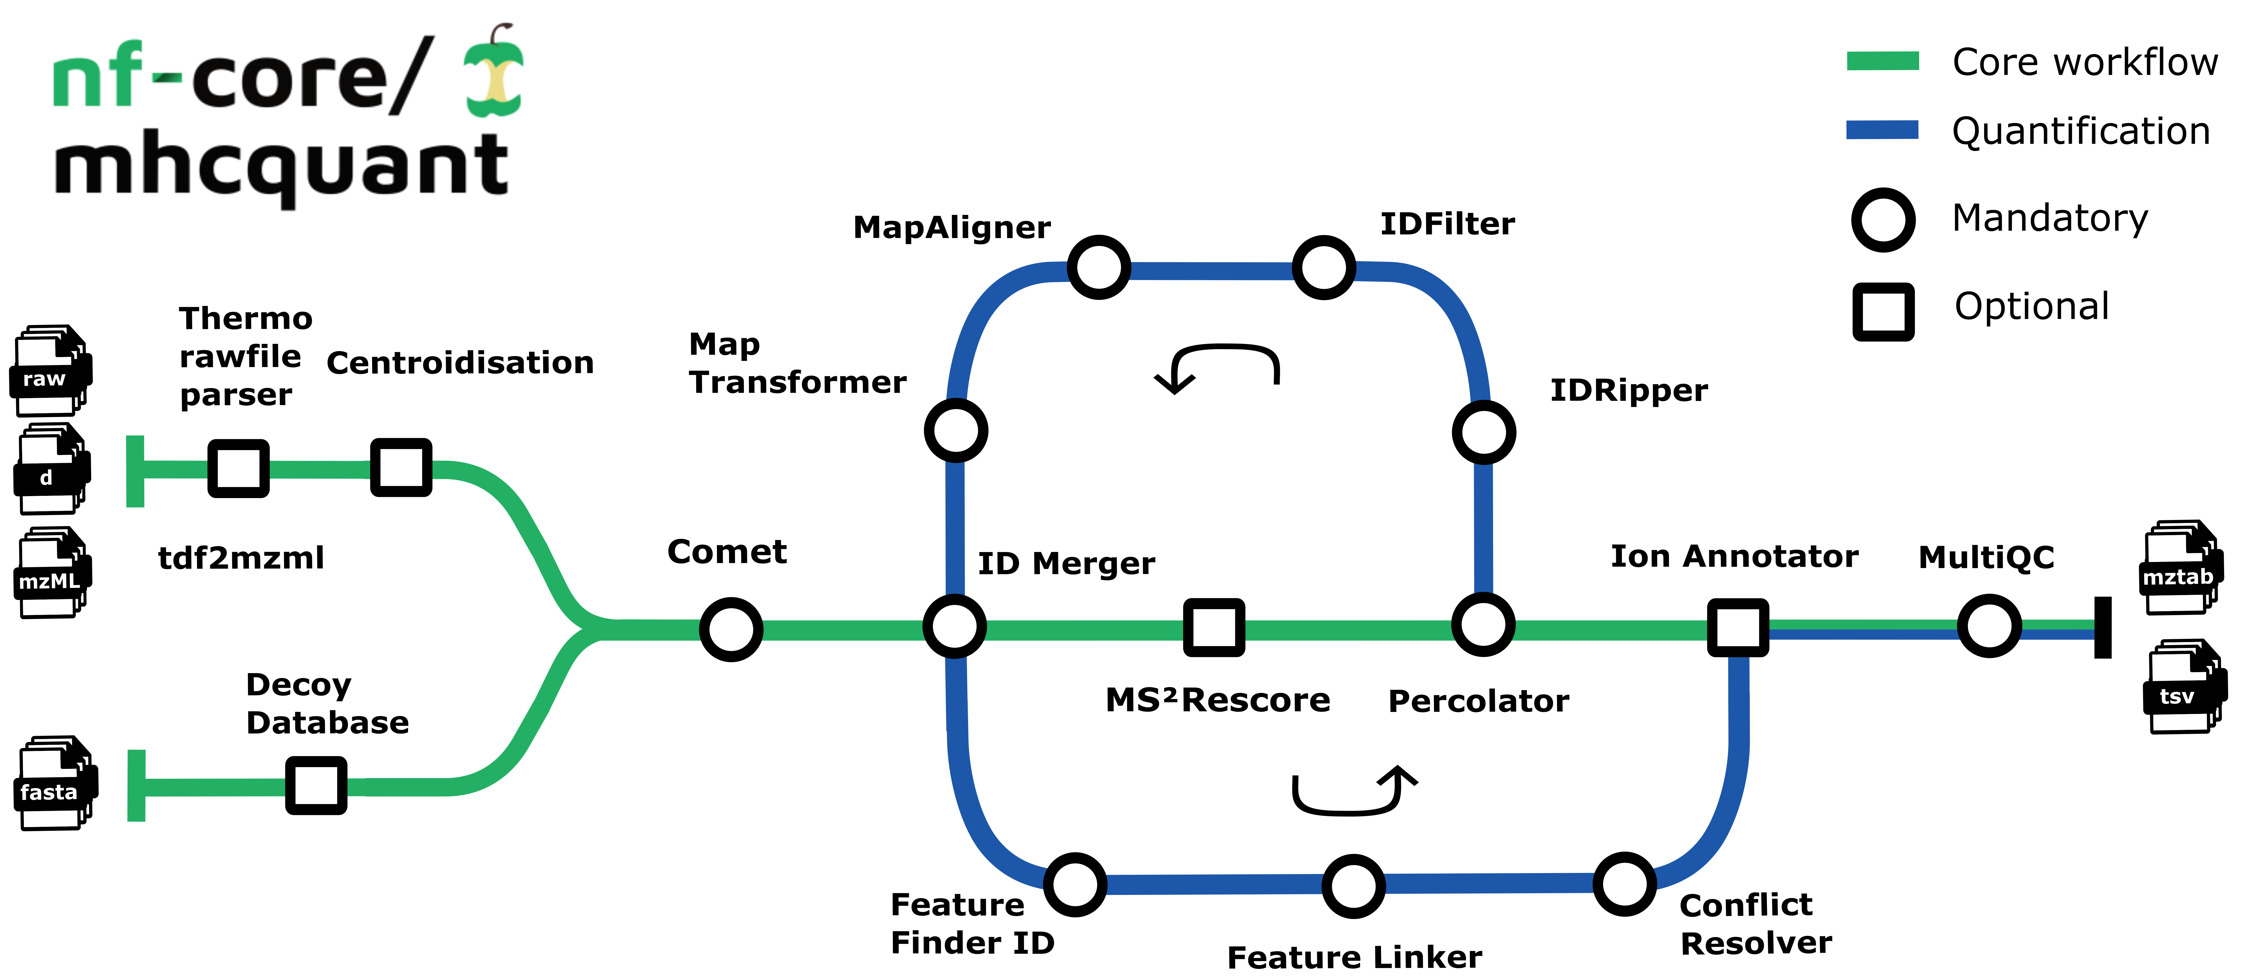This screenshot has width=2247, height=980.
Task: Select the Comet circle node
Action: coord(731,629)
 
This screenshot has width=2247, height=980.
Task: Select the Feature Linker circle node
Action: coord(1353,886)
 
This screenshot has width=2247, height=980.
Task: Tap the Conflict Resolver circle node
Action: coord(1624,884)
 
